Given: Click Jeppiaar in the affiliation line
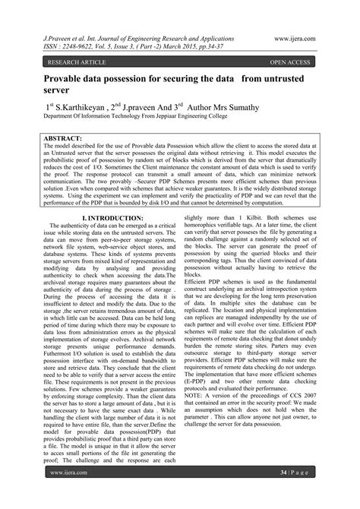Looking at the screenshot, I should [x=188, y=119].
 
